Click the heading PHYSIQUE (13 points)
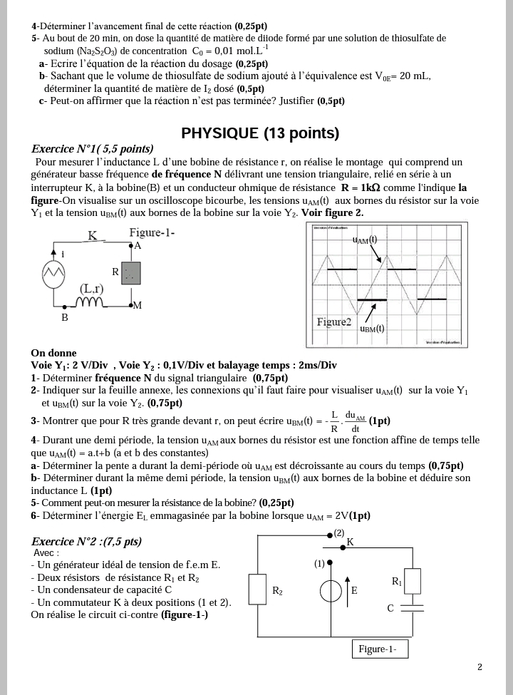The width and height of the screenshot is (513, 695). pos(260,133)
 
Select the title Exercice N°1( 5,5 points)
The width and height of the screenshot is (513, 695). pos(93,149)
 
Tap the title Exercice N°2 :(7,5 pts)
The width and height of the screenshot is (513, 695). pos(86,542)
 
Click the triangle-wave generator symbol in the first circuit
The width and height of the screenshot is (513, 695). pos(54,272)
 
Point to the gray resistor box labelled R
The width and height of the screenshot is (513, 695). pos(130,272)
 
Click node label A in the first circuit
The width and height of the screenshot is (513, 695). pos(138,245)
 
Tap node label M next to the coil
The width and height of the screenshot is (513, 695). pos(138,306)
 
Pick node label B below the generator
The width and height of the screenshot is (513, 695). pos(64,318)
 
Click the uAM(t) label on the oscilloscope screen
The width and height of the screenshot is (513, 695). pos(364,240)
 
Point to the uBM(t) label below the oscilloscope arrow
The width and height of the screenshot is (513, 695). pos(371,329)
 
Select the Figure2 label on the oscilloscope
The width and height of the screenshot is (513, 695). pos(334,322)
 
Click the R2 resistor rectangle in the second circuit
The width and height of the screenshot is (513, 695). pos(257,590)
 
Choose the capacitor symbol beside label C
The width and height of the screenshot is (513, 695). pos(413,608)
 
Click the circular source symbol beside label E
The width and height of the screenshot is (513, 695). pos(330,591)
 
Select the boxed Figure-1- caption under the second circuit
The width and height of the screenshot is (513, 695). pos(378,649)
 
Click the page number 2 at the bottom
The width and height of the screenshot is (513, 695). pos(480,667)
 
